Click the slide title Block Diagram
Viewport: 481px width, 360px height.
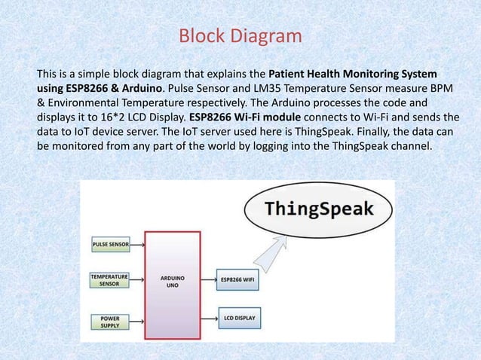click(x=240, y=36)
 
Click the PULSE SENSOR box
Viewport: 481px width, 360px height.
click(x=110, y=245)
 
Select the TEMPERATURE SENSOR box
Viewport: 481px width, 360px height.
click(x=110, y=281)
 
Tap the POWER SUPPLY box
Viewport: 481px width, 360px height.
click(x=110, y=321)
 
